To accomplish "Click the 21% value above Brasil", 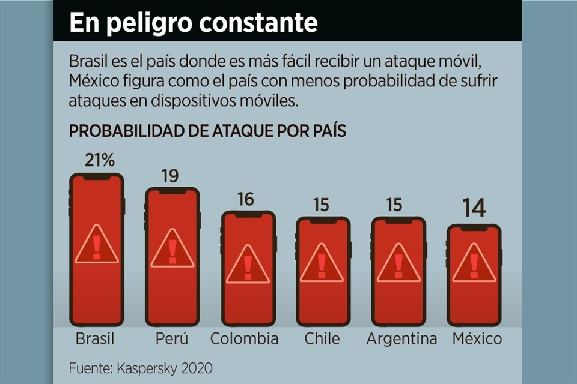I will click(x=100, y=161).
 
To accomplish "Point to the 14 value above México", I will click(x=474, y=208).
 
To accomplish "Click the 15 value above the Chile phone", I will click(x=322, y=205).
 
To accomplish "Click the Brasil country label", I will click(x=95, y=338).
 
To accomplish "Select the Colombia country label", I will click(x=244, y=338).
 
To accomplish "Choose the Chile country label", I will click(x=322, y=338).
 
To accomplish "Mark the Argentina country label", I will click(x=401, y=338).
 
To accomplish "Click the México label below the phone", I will click(x=477, y=338).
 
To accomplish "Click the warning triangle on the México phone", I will click(x=474, y=264).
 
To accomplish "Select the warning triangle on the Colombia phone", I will click(x=247, y=265).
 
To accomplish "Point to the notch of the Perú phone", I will click(x=172, y=191).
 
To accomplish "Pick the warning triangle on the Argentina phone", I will click(x=398, y=264).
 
